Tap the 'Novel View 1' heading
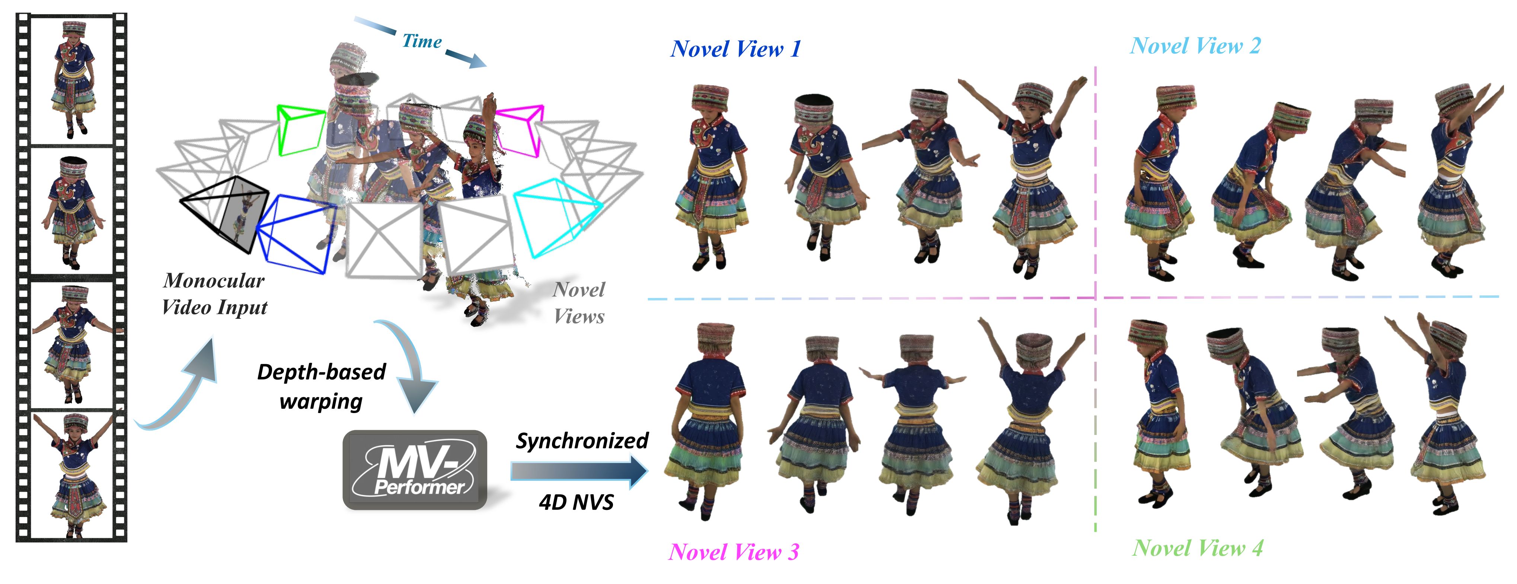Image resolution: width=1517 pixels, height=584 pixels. click(x=735, y=49)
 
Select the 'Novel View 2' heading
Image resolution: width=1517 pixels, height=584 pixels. click(x=1195, y=46)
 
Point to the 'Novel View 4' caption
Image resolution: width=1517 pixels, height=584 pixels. click(x=1198, y=548)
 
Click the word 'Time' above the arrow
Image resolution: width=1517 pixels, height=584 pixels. click(x=422, y=41)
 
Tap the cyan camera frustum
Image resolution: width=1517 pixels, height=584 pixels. click(x=556, y=215)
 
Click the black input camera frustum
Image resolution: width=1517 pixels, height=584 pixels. click(x=227, y=212)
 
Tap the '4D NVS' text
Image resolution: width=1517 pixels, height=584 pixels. click(x=576, y=502)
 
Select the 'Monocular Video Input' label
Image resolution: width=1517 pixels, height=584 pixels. click(x=214, y=293)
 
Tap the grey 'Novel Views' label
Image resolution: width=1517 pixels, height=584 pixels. click(x=579, y=303)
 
